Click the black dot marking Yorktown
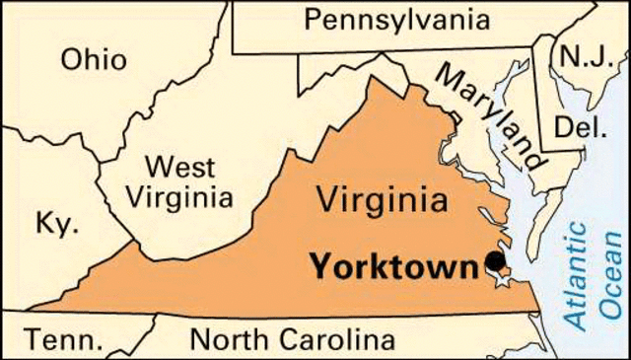pyautogui.click(x=494, y=261)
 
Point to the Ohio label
pyautogui.click(x=94, y=58)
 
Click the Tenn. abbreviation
pyautogui.click(x=63, y=340)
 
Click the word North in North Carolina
pyautogui.click(x=226, y=340)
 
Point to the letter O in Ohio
pyautogui.click(x=72, y=58)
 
